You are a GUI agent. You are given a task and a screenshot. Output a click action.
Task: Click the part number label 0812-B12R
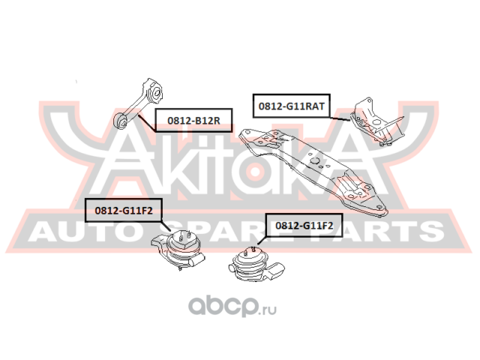(193, 120)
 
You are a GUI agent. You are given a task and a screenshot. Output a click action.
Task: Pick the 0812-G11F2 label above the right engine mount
(305, 224)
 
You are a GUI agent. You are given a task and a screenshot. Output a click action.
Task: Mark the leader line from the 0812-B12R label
(142, 121)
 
